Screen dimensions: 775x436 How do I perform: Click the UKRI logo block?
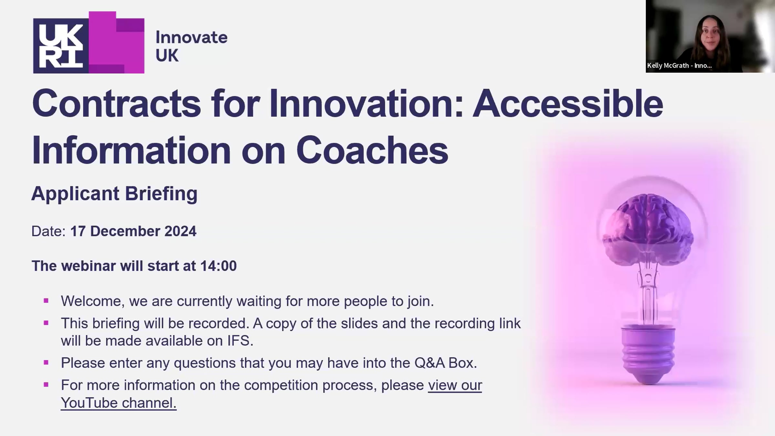(x=89, y=43)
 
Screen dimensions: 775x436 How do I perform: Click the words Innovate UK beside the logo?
(x=191, y=46)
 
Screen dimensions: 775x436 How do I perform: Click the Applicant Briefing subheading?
(x=114, y=194)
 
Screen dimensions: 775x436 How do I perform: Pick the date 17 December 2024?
(x=133, y=231)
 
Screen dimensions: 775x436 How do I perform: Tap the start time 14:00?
(x=218, y=266)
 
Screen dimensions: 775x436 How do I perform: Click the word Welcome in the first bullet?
(x=91, y=301)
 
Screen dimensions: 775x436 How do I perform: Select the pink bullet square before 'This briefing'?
(x=46, y=323)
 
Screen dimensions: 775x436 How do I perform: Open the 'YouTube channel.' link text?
(x=119, y=403)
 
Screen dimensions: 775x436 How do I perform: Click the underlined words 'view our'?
(x=455, y=385)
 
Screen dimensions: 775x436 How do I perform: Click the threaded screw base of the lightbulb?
(x=648, y=355)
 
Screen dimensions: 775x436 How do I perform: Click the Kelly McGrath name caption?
(x=679, y=66)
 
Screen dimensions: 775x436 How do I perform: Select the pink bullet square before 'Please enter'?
(x=46, y=363)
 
